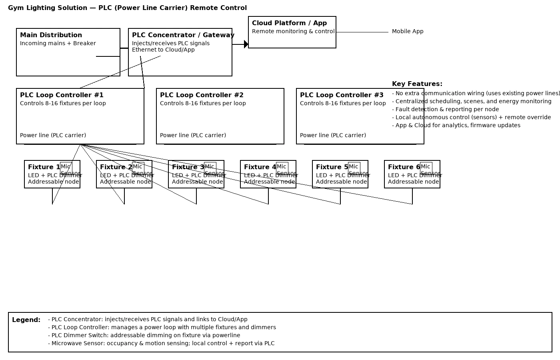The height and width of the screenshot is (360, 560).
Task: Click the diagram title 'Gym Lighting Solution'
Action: click(48, 8)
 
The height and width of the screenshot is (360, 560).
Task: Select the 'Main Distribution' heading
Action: click(51, 35)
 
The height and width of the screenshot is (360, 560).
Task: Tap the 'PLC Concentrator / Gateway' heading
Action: click(183, 35)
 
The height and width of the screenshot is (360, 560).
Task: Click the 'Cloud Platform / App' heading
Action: click(289, 23)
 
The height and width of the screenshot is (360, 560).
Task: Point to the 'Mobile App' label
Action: click(407, 31)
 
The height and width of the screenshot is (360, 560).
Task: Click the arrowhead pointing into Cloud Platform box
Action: click(246, 44)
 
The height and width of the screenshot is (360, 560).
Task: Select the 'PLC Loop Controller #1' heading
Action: click(62, 95)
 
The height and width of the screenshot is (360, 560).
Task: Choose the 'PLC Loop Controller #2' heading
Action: click(202, 95)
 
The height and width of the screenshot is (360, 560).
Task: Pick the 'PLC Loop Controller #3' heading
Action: click(342, 95)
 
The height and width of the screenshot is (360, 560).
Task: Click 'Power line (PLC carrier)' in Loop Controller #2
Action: click(193, 135)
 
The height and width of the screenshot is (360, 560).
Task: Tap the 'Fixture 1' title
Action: click(44, 167)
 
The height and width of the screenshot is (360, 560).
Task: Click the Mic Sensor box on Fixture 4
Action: click(282, 168)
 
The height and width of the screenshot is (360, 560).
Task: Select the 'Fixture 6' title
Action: click(404, 167)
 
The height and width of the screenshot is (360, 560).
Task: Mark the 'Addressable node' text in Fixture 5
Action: click(341, 182)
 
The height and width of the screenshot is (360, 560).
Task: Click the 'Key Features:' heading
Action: click(417, 84)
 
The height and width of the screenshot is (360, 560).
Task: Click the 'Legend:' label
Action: click(26, 320)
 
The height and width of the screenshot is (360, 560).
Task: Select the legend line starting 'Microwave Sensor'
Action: click(161, 343)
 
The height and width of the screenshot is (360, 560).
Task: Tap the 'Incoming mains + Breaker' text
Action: click(58, 43)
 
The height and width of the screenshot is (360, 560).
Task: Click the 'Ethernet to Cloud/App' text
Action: click(163, 50)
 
